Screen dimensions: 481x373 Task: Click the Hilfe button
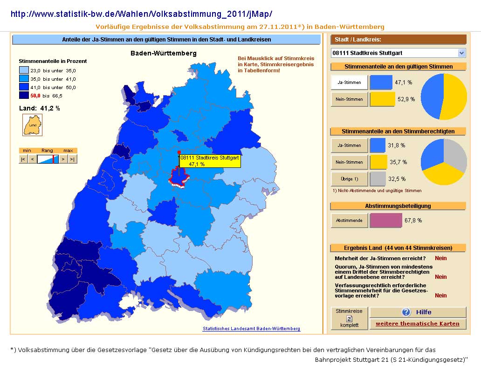(418, 312)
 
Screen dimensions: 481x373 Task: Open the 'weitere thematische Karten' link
(418, 324)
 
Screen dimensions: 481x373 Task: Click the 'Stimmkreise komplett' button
(350, 318)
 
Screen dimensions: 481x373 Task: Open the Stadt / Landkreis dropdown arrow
(462, 53)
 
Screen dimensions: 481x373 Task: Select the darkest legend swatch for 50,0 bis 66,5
(24, 96)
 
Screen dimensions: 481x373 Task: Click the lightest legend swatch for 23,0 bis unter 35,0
(24, 70)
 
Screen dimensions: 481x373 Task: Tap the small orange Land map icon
(33, 125)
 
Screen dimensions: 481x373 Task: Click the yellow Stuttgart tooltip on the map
(210, 161)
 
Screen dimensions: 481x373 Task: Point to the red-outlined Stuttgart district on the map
(179, 177)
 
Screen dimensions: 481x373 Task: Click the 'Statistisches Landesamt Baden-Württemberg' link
(252, 329)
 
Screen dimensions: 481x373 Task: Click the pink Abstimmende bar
(386, 221)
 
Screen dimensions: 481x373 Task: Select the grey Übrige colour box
(378, 179)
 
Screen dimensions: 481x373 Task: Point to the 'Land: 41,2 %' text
(40, 108)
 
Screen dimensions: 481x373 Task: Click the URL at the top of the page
(141, 14)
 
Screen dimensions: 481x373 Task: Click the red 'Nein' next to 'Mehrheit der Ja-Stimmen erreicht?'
(441, 258)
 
